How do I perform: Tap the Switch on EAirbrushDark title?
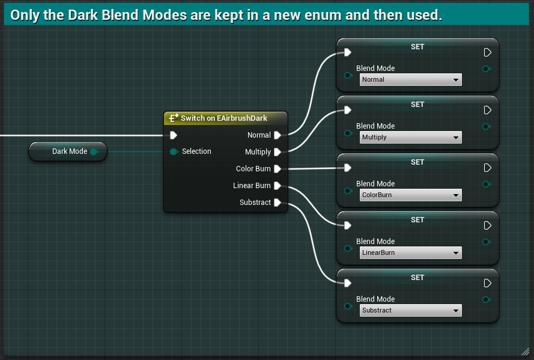tap(224, 118)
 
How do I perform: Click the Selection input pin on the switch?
tap(174, 151)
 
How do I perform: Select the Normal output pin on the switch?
tap(278, 135)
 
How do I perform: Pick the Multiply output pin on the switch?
tap(278, 152)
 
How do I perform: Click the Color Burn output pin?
tap(278, 169)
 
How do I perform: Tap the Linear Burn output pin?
tap(278, 186)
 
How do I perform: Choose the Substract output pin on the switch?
tap(278, 203)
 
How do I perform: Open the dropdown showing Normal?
tap(410, 79)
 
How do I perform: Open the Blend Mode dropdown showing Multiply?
tap(410, 138)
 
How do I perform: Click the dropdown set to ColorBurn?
tap(410, 195)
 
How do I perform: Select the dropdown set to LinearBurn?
tap(410, 253)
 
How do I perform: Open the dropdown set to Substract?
tap(410, 311)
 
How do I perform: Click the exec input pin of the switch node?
tap(174, 135)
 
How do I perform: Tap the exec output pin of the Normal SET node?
tap(488, 53)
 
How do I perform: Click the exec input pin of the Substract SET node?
tap(347, 283)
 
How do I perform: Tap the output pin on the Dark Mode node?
tap(94, 151)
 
